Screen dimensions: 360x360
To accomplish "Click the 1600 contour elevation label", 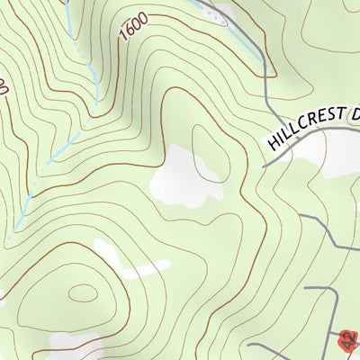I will (133, 28).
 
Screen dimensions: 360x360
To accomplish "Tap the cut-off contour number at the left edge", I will (4, 87).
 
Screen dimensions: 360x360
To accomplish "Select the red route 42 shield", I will (349, 339).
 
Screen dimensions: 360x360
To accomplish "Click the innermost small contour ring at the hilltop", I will (83, 293).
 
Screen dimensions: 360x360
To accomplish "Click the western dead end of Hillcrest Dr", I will (263, 166).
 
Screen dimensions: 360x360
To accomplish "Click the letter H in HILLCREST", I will (273, 143).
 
